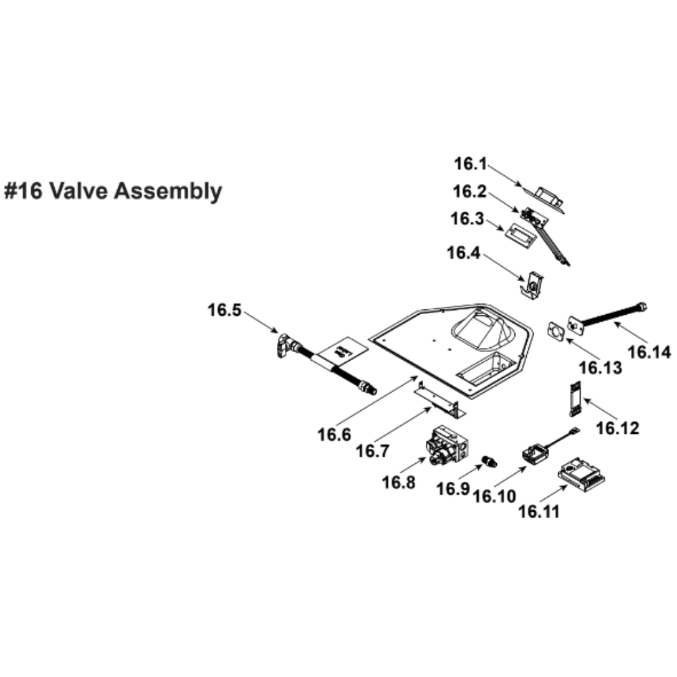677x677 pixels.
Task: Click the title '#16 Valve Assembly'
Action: (x=113, y=192)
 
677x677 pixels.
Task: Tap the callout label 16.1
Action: (x=471, y=163)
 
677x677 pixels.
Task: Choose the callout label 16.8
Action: (x=399, y=482)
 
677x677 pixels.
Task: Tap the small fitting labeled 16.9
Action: (x=487, y=461)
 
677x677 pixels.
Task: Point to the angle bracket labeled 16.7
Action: (x=439, y=399)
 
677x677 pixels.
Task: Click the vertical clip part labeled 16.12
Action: (x=574, y=398)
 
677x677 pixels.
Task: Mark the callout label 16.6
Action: (x=335, y=434)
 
